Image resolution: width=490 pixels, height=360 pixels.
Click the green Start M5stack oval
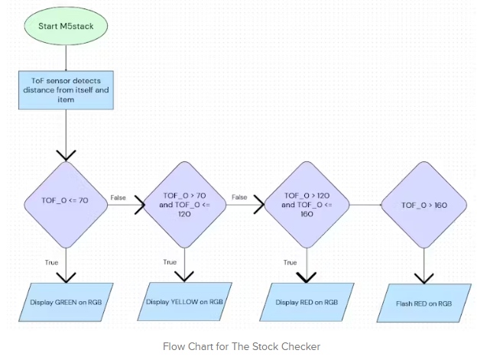(x=66, y=26)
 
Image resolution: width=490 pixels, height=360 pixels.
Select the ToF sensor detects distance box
(x=66, y=90)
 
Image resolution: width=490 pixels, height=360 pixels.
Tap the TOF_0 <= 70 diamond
(x=66, y=205)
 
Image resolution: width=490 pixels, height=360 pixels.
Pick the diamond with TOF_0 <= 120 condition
(x=184, y=205)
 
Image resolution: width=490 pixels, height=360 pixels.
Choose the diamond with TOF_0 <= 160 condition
(x=307, y=205)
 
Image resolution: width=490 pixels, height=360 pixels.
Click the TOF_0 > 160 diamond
(x=424, y=205)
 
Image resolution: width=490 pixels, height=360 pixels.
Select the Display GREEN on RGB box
(x=66, y=302)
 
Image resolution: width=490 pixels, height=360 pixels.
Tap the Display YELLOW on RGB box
(x=184, y=302)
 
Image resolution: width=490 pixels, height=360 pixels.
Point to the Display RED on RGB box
(x=307, y=302)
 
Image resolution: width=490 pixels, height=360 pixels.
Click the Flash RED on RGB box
(x=424, y=303)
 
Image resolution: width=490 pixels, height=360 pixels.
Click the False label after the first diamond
(x=118, y=197)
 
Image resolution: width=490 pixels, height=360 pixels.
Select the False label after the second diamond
(x=239, y=197)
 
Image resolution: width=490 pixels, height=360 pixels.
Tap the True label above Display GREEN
(x=51, y=262)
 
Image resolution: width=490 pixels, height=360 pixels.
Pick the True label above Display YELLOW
(x=170, y=262)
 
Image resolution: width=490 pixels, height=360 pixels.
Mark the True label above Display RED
(x=290, y=262)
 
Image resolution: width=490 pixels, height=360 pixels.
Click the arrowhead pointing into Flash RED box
(x=424, y=279)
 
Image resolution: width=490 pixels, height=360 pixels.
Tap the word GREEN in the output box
(x=66, y=302)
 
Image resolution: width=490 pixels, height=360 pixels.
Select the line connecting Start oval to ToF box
(x=66, y=58)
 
